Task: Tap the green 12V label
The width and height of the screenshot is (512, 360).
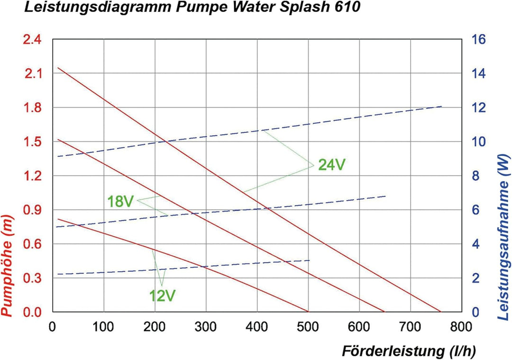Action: tap(163, 296)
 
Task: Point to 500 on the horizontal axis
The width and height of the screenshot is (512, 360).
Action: tap(308, 327)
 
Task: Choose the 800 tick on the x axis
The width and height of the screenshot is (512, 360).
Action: tap(461, 327)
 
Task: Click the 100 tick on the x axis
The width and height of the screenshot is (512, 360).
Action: tap(103, 327)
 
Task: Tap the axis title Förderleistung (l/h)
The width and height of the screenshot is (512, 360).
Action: tap(408, 351)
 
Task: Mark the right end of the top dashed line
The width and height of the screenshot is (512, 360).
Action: tap(441, 106)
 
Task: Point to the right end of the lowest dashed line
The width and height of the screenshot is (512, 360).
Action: tap(310, 260)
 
